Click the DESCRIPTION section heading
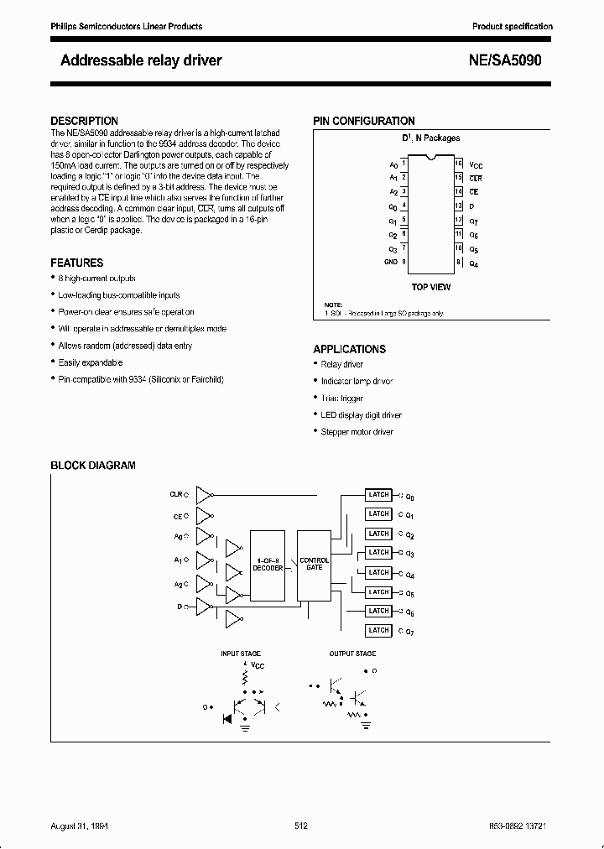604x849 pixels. (84, 121)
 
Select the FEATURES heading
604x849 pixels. (77, 263)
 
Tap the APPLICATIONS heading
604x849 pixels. (349, 349)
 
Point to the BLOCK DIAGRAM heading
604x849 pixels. (93, 465)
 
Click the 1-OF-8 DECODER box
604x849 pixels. (268, 565)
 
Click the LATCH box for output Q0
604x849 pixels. (378, 494)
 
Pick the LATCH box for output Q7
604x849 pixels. (378, 630)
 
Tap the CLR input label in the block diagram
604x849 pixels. (176, 495)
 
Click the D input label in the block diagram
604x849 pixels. (179, 605)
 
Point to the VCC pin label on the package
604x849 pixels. (476, 165)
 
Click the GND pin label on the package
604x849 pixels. (391, 262)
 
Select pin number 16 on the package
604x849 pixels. (458, 164)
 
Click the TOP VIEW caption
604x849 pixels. (430, 287)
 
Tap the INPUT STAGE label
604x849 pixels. (240, 653)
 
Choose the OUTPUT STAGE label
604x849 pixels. (352, 653)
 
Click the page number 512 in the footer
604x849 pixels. (301, 826)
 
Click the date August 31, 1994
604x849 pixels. (80, 826)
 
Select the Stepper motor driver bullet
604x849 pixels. (357, 431)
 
